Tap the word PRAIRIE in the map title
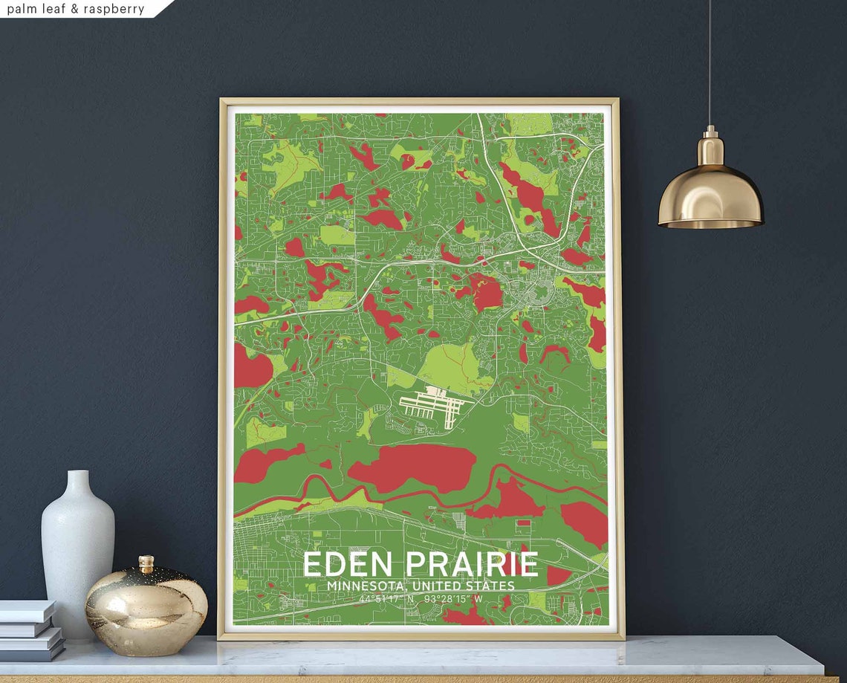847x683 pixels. pos(471,565)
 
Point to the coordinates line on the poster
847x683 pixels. pos(421,599)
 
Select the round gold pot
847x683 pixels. pos(146,603)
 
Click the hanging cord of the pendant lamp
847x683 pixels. pos(709,59)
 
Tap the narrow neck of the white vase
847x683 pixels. pos(77,483)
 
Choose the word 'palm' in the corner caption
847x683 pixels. pos(22,9)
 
